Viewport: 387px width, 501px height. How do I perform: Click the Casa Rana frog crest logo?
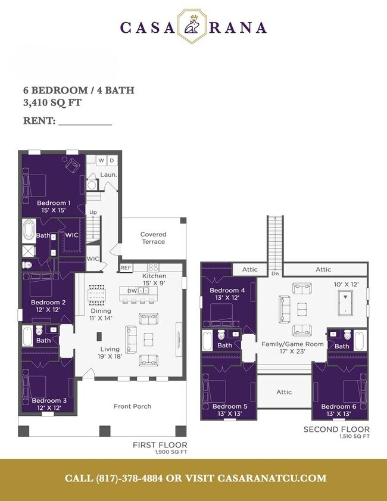click(x=193, y=26)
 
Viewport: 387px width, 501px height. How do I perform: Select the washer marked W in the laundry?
click(x=101, y=161)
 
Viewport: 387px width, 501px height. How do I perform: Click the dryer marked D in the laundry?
click(x=111, y=161)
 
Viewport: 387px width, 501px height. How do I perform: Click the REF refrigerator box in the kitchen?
click(x=126, y=268)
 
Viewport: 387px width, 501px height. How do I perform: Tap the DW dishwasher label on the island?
click(x=133, y=291)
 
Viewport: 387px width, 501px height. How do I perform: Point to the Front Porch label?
click(x=132, y=406)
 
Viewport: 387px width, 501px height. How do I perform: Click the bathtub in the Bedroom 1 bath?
click(x=29, y=229)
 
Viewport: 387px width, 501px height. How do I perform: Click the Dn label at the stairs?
click(x=274, y=273)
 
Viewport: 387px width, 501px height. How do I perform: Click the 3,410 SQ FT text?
click(x=52, y=102)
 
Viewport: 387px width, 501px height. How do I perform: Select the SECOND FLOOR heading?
click(x=336, y=430)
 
